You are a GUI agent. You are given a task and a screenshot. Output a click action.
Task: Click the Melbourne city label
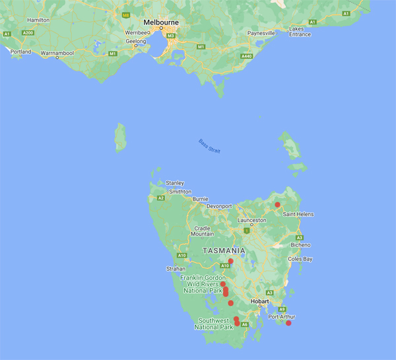(x=161, y=22)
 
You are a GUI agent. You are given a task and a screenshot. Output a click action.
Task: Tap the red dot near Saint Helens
(x=278, y=205)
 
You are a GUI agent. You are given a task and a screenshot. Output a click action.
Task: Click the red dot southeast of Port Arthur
(x=288, y=323)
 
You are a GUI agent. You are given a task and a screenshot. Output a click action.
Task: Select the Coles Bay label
(x=299, y=259)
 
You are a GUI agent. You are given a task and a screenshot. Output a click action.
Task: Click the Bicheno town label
(x=301, y=244)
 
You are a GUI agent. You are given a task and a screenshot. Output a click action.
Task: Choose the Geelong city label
(x=136, y=41)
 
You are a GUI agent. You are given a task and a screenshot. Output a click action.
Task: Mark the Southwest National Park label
(x=214, y=324)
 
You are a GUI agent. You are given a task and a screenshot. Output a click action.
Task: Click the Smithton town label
(x=180, y=191)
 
